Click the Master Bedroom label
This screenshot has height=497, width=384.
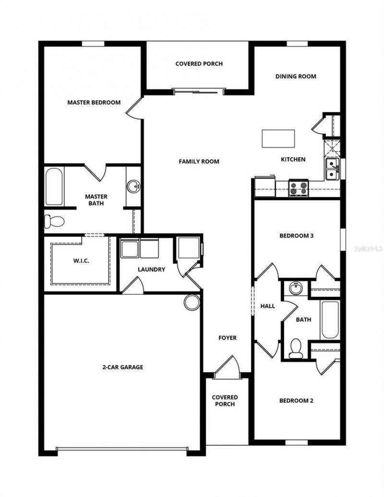pyautogui.click(x=94, y=103)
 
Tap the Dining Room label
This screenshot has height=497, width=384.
pyautogui.click(x=296, y=76)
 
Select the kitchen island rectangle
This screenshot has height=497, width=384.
pyautogui.click(x=278, y=138)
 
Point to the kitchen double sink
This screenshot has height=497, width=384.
pyautogui.click(x=332, y=169)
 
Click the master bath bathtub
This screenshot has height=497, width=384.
pyautogui.click(x=54, y=186)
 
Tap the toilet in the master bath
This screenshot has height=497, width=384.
pyautogui.click(x=54, y=221)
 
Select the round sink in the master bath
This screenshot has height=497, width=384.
pyautogui.click(x=134, y=186)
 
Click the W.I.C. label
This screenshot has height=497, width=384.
pyautogui.click(x=81, y=260)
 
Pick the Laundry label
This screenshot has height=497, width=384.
pyautogui.click(x=151, y=270)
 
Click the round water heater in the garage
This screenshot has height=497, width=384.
pyautogui.click(x=192, y=302)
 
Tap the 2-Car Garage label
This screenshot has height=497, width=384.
pyautogui.click(x=122, y=367)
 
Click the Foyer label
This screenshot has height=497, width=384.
pyautogui.click(x=228, y=338)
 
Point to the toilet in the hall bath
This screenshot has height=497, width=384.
pyautogui.click(x=296, y=348)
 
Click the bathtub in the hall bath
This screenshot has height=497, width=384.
pyautogui.click(x=330, y=319)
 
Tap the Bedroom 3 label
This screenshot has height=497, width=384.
pyautogui.click(x=296, y=236)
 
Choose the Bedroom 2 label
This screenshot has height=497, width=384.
pyautogui.click(x=296, y=401)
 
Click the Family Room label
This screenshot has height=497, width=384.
pyautogui.click(x=199, y=162)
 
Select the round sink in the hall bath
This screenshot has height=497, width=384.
pyautogui.click(x=296, y=289)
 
